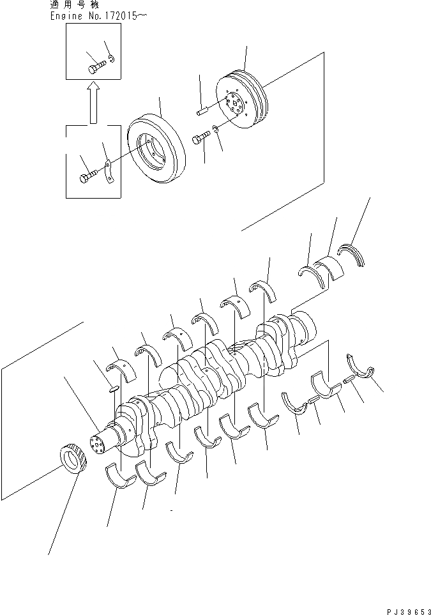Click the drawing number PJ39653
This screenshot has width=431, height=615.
click(409, 610)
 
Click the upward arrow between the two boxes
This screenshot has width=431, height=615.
click(93, 102)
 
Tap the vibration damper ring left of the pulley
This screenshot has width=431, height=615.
click(156, 149)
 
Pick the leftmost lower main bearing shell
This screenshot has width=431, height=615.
click(117, 476)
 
